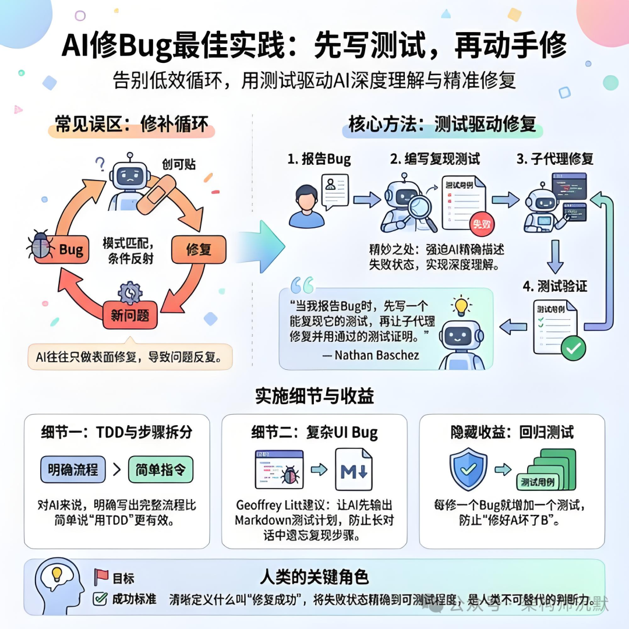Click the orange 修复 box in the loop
coord(198,250)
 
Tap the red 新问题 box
coord(130,316)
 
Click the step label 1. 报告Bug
coord(320,158)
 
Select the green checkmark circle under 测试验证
coord(573,348)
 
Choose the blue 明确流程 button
coord(73,469)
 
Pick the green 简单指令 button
coord(160,469)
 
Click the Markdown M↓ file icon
coord(353,469)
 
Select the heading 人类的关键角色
coord(314,577)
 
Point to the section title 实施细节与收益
coord(314,395)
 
